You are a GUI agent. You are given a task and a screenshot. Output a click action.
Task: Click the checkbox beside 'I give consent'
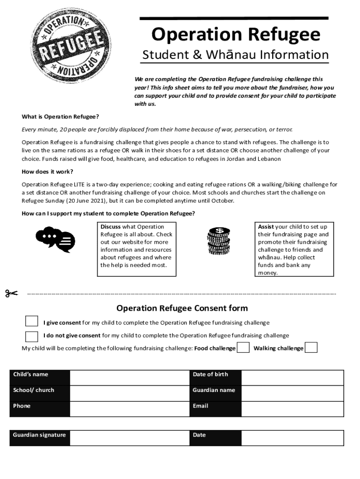(x=31, y=321)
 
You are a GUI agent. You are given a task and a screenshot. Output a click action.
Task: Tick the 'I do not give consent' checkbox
(x=31, y=336)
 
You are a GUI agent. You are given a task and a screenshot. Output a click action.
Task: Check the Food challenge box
(x=243, y=348)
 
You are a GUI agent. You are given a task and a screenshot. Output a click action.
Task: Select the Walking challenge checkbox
(x=311, y=348)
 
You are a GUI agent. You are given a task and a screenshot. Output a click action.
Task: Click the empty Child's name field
(x=129, y=377)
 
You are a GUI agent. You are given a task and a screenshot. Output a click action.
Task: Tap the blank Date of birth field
(x=292, y=377)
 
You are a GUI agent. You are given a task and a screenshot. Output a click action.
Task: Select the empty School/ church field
(x=129, y=393)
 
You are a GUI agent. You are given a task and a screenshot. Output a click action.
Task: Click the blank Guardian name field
(x=292, y=393)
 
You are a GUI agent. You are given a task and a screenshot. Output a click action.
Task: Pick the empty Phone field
(x=129, y=409)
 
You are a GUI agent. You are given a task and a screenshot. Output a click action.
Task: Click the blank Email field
(x=292, y=409)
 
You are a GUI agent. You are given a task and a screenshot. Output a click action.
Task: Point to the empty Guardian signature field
(x=129, y=438)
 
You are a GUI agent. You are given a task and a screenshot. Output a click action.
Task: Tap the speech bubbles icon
(x=55, y=239)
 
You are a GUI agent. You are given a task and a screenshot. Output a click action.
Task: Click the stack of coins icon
(x=218, y=241)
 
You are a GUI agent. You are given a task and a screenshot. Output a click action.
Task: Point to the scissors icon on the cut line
(x=11, y=293)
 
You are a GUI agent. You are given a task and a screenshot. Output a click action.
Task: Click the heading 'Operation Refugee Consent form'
(x=182, y=308)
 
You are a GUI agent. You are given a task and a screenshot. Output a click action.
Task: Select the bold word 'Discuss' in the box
(x=111, y=227)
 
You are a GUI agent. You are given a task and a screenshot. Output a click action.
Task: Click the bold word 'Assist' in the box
(x=266, y=227)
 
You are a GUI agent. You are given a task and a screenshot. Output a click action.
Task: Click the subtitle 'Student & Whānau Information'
(x=235, y=55)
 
